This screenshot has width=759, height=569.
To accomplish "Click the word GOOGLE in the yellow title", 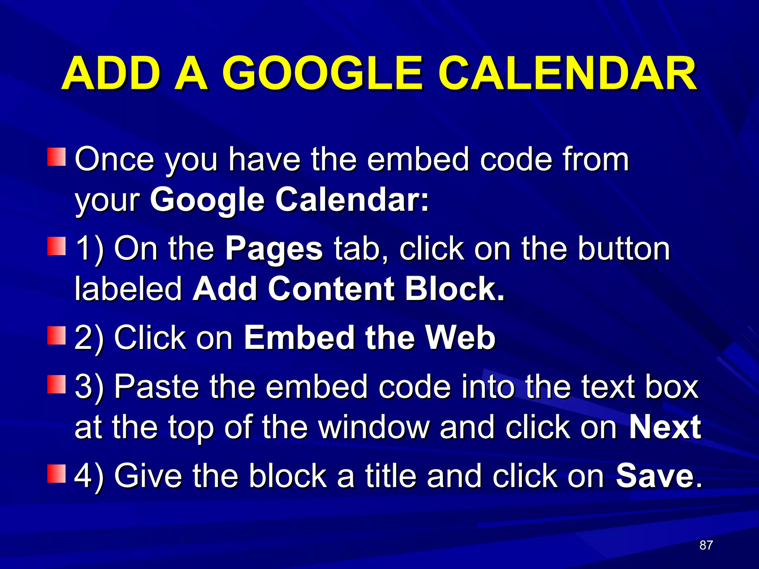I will [x=322, y=73].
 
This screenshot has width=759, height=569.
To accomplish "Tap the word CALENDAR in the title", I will [x=567, y=73].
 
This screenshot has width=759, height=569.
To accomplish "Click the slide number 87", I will [x=706, y=545].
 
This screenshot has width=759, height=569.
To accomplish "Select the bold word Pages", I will [x=274, y=249].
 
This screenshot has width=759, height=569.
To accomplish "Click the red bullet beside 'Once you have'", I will [x=56, y=157].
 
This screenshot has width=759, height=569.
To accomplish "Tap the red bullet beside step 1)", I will [x=56, y=246].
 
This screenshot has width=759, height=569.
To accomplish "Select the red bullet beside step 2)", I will [x=56, y=336].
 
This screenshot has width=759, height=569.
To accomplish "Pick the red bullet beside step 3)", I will [x=56, y=385].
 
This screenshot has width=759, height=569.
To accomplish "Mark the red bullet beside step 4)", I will [x=56, y=474].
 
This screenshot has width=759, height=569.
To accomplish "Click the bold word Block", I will [x=454, y=289].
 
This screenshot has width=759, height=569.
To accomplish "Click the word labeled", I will [x=128, y=289].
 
